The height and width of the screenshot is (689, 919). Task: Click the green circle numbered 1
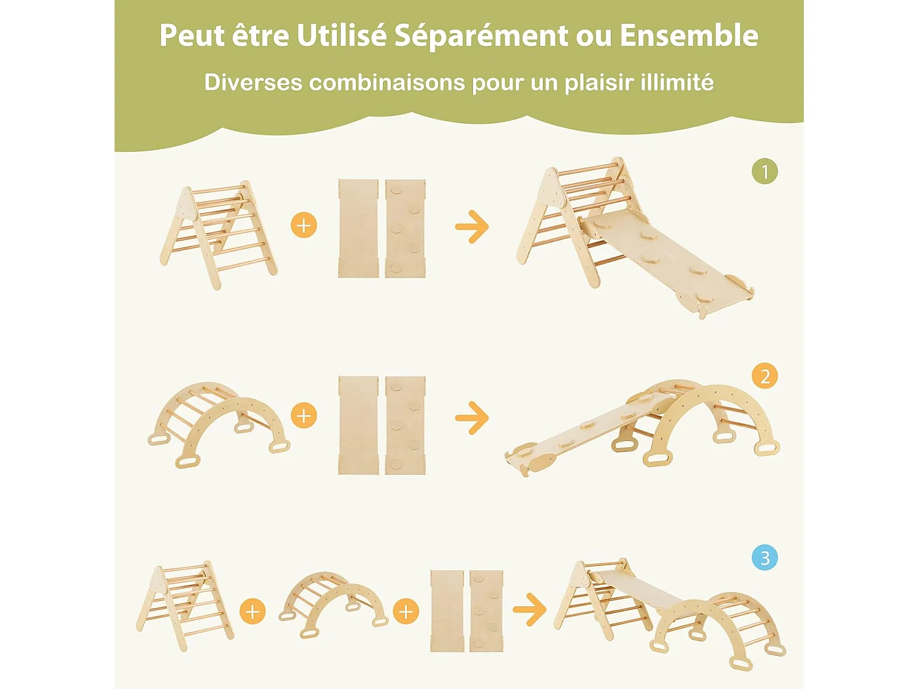pyautogui.click(x=765, y=171)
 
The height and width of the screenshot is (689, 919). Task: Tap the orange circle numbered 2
pyautogui.click(x=765, y=375)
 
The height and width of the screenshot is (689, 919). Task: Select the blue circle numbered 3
pyautogui.click(x=765, y=558)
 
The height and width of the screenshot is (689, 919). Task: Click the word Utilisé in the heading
pyautogui.click(x=342, y=36)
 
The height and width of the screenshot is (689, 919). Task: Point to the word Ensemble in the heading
pyautogui.click(x=689, y=36)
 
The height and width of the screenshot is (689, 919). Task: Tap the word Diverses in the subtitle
pyautogui.click(x=253, y=82)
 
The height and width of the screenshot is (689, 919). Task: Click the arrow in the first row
pyautogui.click(x=472, y=227)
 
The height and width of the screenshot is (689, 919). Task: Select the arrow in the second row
pyautogui.click(x=472, y=418)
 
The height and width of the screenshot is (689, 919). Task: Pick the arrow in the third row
pyautogui.click(x=529, y=609)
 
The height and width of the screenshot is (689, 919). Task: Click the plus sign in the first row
pyautogui.click(x=304, y=225)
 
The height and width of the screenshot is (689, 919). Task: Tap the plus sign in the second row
pyautogui.click(x=304, y=416)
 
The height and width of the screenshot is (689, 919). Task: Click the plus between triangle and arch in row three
pyautogui.click(x=252, y=612)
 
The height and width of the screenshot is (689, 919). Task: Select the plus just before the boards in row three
pyautogui.click(x=406, y=612)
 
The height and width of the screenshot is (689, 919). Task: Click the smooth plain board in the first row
pyautogui.click(x=358, y=228)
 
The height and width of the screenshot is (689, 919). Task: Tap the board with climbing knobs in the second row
pyautogui.click(x=406, y=425)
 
